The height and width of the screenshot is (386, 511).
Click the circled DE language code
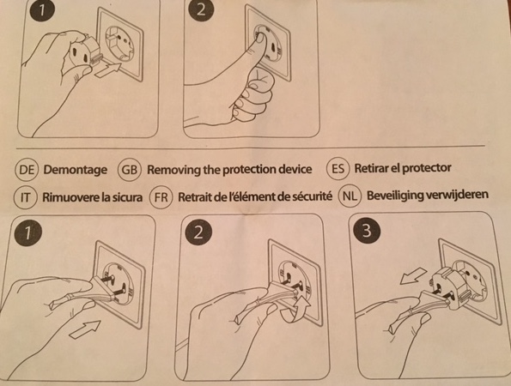pyautogui.click(x=27, y=170)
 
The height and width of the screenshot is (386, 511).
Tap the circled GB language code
pyautogui.click(x=130, y=170)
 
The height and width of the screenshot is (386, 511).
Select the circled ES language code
pyautogui.click(x=338, y=168)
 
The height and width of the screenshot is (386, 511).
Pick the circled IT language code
pyautogui.click(x=25, y=197)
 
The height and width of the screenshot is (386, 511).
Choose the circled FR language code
pyautogui.click(x=161, y=197)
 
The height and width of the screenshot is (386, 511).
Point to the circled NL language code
pyautogui.click(x=350, y=196)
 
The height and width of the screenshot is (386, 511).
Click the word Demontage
pyautogui.click(x=76, y=170)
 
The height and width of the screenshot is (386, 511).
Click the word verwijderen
pyautogui.click(x=457, y=195)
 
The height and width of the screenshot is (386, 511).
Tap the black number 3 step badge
pyautogui.click(x=367, y=230)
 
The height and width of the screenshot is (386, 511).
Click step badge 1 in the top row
pyautogui.click(x=42, y=10)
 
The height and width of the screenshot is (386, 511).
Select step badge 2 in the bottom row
pyautogui.click(x=198, y=232)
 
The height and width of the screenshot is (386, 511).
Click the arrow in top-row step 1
pyautogui.click(x=108, y=70)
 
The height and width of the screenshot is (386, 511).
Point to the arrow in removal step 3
pyautogui.click(x=413, y=275)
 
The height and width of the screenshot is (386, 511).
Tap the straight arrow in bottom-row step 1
pyautogui.click(x=85, y=329)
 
